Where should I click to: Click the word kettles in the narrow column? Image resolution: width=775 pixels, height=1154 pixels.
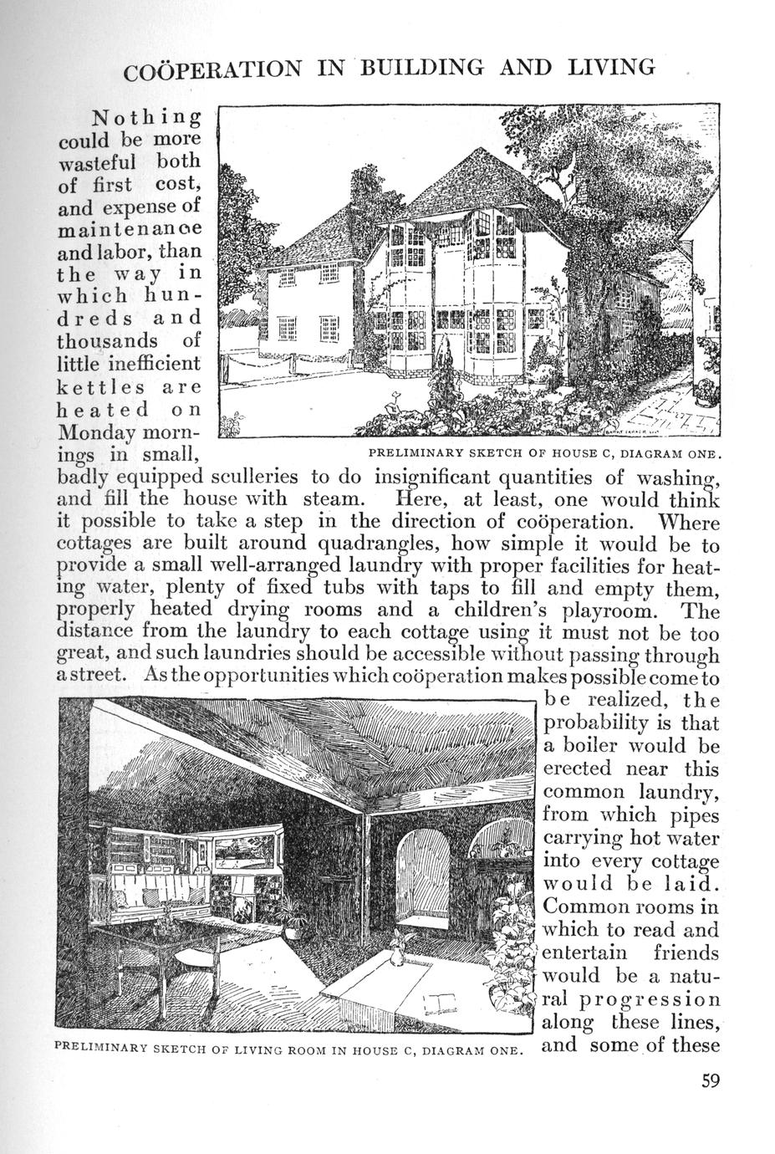coord(93,388)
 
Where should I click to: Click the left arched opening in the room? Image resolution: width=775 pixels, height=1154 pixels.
coord(425,873)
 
